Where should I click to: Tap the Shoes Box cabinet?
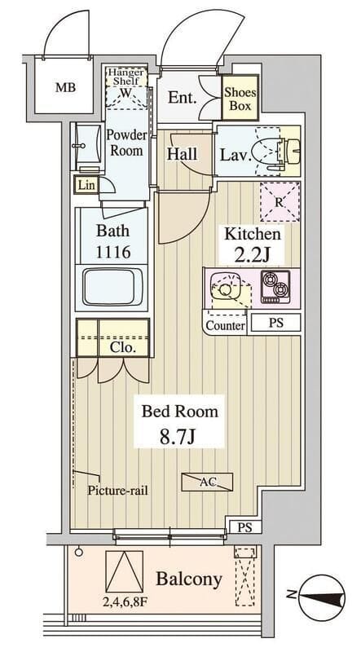240,99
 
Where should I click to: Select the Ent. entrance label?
183,99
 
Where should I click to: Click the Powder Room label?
125,143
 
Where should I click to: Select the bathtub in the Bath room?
112,286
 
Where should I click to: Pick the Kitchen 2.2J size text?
253,254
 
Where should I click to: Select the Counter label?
226,325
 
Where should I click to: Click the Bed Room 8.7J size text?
180,436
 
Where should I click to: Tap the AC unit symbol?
207,481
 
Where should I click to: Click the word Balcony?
188,579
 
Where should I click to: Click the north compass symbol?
323,597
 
